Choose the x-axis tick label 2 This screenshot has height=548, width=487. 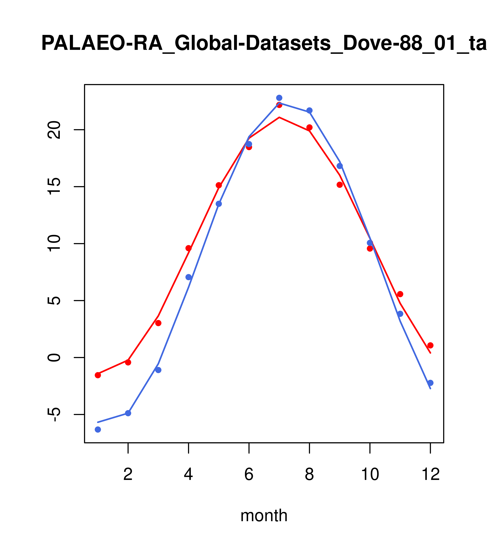[x=128, y=475]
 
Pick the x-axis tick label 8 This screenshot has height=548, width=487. [x=309, y=475]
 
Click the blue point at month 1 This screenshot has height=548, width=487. [x=98, y=430]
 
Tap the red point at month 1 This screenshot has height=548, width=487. [x=98, y=375]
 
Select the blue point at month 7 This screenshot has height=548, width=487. [x=279, y=98]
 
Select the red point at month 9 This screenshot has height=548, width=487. [x=340, y=185]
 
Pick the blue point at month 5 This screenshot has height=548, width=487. [x=219, y=204]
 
